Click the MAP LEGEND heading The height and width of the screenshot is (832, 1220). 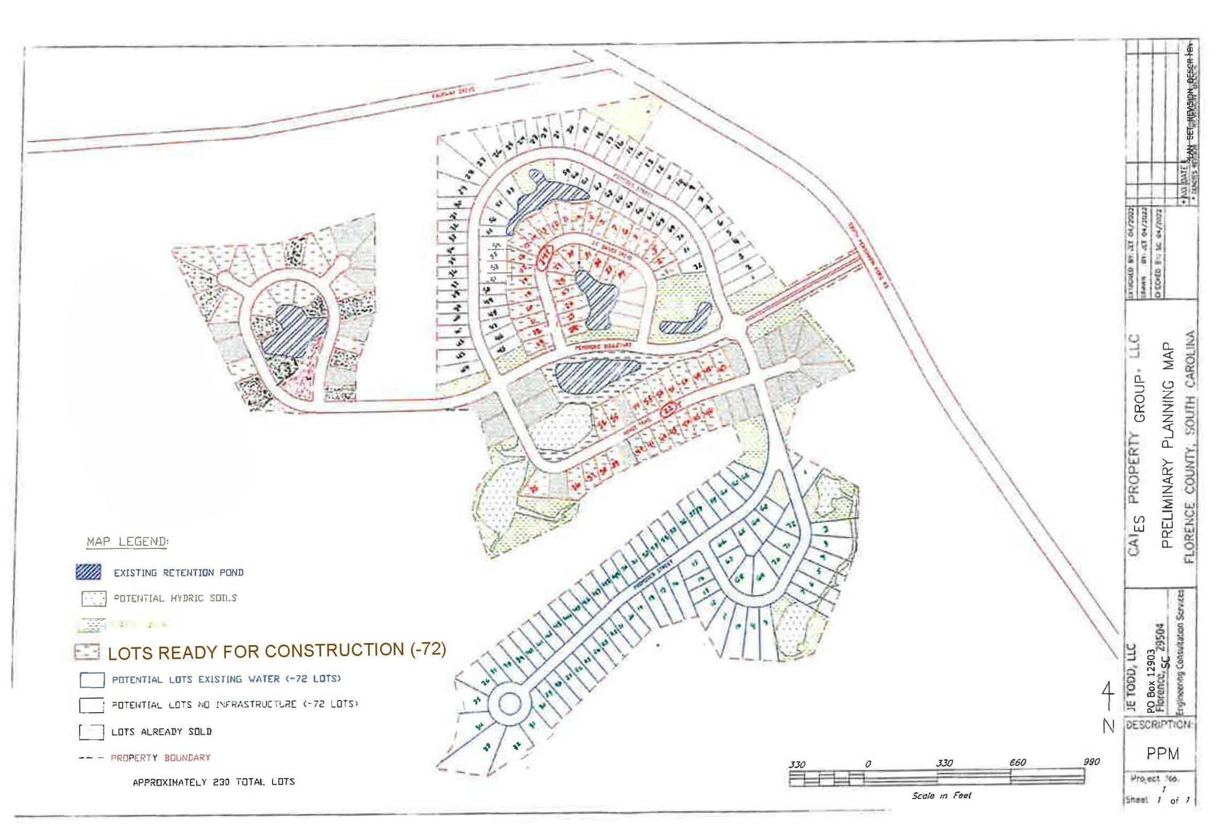[127, 541]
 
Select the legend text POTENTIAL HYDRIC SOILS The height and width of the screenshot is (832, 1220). [175, 598]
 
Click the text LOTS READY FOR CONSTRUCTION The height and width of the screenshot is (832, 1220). [258, 651]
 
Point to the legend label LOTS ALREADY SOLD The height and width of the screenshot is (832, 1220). [162, 731]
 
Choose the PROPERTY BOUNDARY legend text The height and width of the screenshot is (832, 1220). [160, 758]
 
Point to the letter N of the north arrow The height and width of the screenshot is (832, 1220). [1108, 727]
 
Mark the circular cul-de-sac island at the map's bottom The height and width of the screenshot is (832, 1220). [508, 702]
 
